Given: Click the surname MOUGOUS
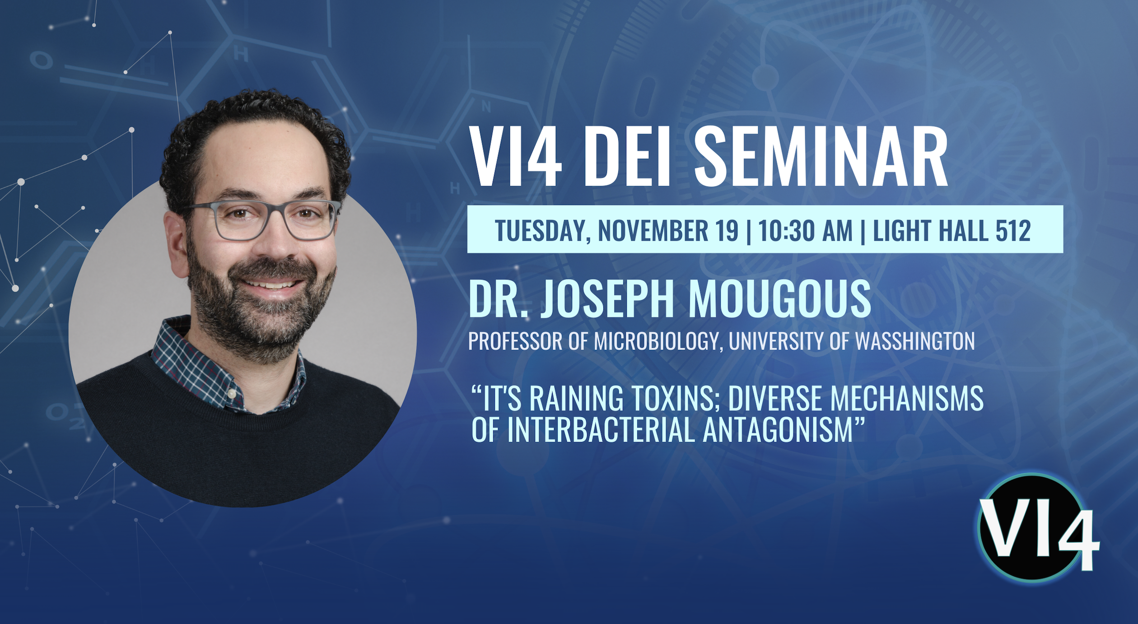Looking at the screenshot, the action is pyautogui.click(x=779, y=298).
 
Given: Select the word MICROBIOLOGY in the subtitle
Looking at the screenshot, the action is pyautogui.click(x=656, y=342).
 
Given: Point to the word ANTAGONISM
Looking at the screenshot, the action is pyautogui.click(x=778, y=429).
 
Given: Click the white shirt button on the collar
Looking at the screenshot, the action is pyautogui.click(x=232, y=393).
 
